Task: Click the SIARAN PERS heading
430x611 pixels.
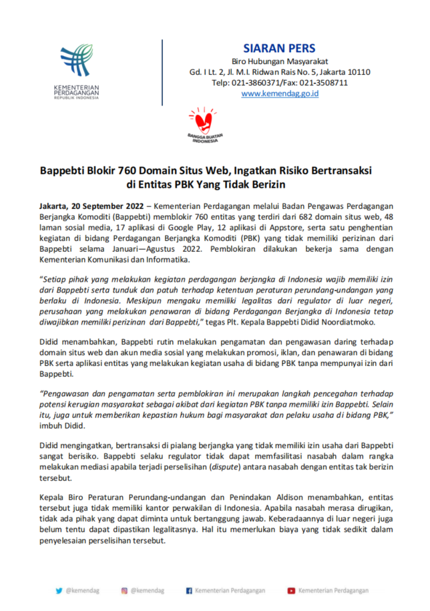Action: [279, 49]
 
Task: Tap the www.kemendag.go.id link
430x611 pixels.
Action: [279, 94]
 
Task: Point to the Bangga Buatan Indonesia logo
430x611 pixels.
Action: [206, 125]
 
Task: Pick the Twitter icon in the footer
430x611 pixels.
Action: [59, 590]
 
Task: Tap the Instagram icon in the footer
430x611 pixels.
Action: [124, 590]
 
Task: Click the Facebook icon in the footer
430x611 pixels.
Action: [189, 590]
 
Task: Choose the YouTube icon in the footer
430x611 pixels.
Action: [291, 590]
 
